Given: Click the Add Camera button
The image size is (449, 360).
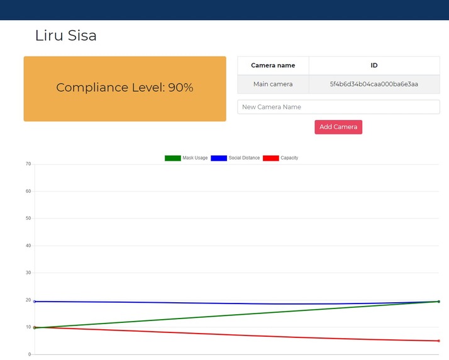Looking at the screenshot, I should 338,127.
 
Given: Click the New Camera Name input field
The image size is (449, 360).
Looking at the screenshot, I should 338,107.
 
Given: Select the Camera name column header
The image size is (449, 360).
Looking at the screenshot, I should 273,65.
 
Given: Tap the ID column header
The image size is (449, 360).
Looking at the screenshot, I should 374,65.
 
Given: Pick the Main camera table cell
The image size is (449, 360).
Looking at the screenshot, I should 273,84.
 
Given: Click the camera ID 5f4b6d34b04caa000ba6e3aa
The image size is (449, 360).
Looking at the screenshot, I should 374,84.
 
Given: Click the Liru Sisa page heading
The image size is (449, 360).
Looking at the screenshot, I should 66,36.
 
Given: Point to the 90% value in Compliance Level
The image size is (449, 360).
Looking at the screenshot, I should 180,88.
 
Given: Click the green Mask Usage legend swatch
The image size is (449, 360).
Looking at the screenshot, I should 172,158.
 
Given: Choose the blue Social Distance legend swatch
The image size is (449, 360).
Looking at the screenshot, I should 219,158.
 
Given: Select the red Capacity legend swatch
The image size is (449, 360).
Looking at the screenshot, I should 270,158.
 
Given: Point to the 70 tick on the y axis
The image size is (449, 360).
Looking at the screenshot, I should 28,164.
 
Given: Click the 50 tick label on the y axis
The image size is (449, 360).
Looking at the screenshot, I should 28,219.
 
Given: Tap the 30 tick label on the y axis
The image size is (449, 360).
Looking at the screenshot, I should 28,273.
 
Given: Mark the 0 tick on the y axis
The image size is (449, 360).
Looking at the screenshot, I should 30,354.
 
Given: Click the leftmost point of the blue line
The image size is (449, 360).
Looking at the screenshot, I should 35,302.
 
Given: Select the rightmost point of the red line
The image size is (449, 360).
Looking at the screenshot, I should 438,341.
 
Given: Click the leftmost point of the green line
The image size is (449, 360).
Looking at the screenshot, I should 35,328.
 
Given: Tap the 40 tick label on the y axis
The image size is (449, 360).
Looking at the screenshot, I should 28,246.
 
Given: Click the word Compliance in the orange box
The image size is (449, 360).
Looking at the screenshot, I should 91,88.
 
